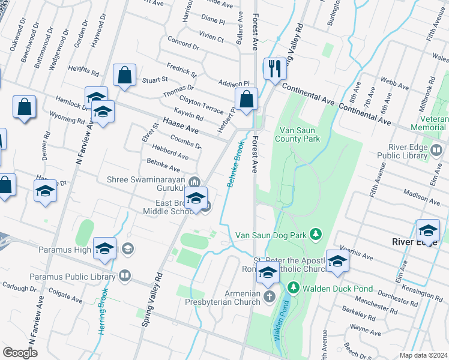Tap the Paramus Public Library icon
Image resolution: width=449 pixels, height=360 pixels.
click(x=124, y=276)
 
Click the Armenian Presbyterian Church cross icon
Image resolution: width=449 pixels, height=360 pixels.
click(x=270, y=296)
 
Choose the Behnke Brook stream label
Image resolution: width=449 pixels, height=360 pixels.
click(x=235, y=164)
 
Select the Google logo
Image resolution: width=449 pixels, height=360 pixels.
click(x=20, y=353)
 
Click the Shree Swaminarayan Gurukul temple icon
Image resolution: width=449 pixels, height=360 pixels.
click(x=194, y=182)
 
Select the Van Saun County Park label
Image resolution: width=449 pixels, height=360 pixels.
click(x=297, y=134)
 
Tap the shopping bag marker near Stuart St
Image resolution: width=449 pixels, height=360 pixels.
click(x=124, y=76)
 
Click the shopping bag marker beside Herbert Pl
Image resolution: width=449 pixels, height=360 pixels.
click(x=246, y=100)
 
